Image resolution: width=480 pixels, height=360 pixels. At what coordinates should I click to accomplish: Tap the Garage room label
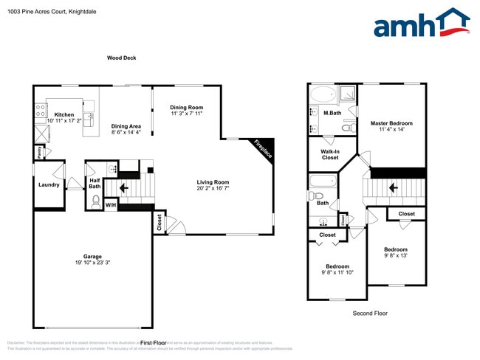pyautogui.click(x=93, y=255)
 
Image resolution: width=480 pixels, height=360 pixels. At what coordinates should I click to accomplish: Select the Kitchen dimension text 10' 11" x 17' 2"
pyautogui.click(x=64, y=120)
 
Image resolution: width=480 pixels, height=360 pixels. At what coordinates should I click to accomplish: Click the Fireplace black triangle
pyautogui.click(x=263, y=148)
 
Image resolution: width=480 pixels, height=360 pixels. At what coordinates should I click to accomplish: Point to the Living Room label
pyautogui.click(x=213, y=182)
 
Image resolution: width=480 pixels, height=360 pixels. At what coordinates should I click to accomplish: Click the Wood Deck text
pyautogui.click(x=121, y=58)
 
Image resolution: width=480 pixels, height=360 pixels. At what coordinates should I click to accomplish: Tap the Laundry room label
pyautogui.click(x=49, y=184)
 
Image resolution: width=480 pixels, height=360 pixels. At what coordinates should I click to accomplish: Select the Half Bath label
pyautogui.click(x=95, y=183)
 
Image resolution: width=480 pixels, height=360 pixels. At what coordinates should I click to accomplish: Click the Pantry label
pyautogui.click(x=38, y=151)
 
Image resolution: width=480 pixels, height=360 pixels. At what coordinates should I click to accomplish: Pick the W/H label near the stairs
pyautogui.click(x=110, y=204)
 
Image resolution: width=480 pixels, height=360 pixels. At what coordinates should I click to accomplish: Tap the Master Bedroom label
pyautogui.click(x=391, y=123)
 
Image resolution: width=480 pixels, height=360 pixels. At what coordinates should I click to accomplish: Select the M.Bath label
pyautogui.click(x=332, y=113)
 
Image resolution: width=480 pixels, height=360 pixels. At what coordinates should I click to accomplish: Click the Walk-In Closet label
pyautogui.click(x=329, y=154)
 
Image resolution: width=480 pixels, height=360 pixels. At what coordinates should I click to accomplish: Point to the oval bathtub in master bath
pyautogui.click(x=322, y=94)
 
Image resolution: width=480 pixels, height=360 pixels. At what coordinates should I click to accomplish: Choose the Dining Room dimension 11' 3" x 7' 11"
pyautogui.click(x=186, y=114)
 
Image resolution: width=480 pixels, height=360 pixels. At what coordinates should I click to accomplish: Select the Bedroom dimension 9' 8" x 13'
pyautogui.click(x=395, y=255)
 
